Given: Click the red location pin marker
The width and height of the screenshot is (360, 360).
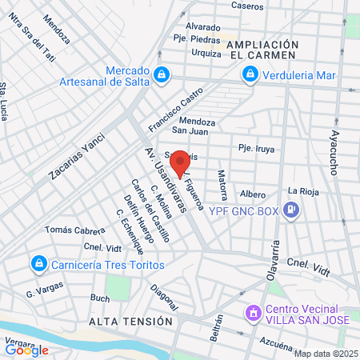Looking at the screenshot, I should click(181, 162).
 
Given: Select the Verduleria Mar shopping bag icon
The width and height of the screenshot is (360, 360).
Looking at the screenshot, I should click(250, 74).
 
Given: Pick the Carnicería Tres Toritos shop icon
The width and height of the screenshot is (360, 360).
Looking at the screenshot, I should click(38, 263).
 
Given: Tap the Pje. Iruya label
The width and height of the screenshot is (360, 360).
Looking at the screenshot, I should click(256, 147).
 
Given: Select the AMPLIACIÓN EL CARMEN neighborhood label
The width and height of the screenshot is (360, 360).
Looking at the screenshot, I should click(262, 50).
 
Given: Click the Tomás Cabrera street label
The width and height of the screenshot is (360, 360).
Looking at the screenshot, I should click(75, 230).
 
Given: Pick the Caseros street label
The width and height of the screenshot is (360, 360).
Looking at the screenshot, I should click(246, 5).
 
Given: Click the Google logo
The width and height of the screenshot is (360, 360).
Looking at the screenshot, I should click(27, 350).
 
